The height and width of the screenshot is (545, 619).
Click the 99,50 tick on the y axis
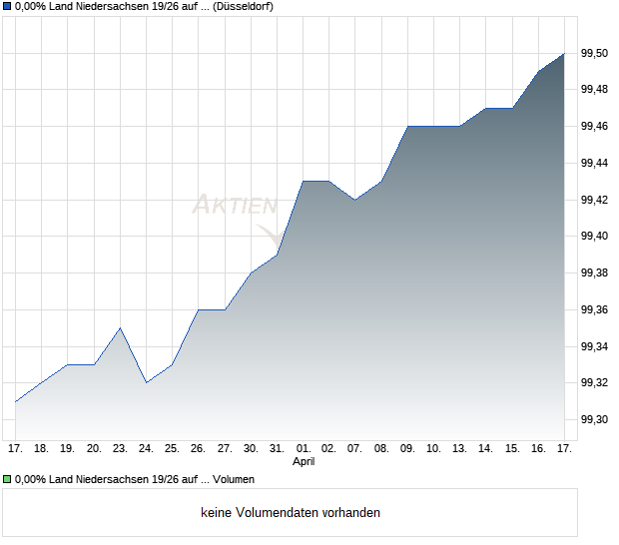595,53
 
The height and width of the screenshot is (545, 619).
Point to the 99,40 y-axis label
595,236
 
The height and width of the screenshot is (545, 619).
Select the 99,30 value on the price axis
595,419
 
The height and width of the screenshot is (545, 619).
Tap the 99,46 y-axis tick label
595,126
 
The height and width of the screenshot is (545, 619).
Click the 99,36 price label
595,309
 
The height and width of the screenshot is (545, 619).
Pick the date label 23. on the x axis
120,449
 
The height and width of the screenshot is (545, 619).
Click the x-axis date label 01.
304,449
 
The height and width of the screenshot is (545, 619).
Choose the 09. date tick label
408,449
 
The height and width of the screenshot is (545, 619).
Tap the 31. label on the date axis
278,449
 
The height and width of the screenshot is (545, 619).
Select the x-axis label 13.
460,449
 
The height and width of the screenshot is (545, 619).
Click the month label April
304,462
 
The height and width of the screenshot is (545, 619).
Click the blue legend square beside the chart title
7,7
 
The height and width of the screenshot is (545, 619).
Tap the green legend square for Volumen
7,479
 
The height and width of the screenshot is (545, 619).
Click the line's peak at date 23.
120,327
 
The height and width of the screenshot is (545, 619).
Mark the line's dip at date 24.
147,382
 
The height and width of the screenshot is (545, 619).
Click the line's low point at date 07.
355,200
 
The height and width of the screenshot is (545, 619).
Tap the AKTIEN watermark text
235,206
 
